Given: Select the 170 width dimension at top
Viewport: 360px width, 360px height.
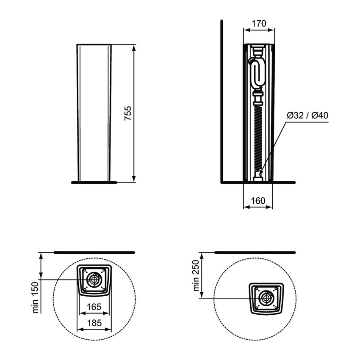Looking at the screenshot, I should pyautogui.click(x=258, y=24).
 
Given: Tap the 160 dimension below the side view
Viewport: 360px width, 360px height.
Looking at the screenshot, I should pyautogui.click(x=258, y=200).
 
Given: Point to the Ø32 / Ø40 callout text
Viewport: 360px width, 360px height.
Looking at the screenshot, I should pyautogui.click(x=308, y=115).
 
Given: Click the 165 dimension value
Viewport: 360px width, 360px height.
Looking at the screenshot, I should pyautogui.click(x=94, y=306).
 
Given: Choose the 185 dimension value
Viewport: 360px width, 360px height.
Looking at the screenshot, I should pyautogui.click(x=94, y=322).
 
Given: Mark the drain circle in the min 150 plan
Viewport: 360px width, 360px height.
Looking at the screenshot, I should pyautogui.click(x=93, y=280).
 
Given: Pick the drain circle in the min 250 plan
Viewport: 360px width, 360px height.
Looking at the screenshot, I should pyautogui.click(x=266, y=298).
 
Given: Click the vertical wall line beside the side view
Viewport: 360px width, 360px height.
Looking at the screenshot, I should pyautogui.click(x=222, y=102).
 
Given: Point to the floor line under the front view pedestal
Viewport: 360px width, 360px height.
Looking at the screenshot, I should pyautogui.click(x=94, y=183).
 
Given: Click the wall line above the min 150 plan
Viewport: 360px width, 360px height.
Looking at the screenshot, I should pyautogui.click(x=94, y=252).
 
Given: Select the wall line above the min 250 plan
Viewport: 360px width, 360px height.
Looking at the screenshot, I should pyautogui.click(x=255, y=252).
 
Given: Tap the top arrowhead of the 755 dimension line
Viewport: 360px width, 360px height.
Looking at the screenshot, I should pyautogui.click(x=134, y=47).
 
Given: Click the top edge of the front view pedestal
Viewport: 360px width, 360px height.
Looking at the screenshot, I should pyautogui.click(x=94, y=44).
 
